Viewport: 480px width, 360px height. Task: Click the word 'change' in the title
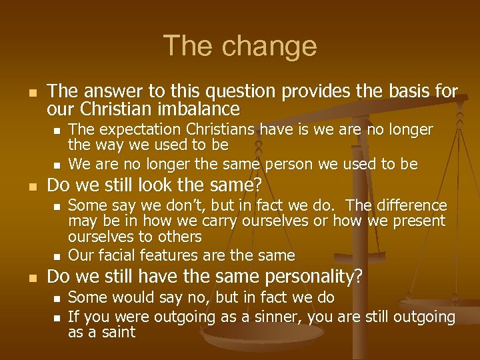[271, 46]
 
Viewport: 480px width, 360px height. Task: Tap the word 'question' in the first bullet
[229, 90]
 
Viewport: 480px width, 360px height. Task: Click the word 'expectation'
[133, 129]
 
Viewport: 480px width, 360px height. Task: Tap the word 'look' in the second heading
[145, 185]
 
